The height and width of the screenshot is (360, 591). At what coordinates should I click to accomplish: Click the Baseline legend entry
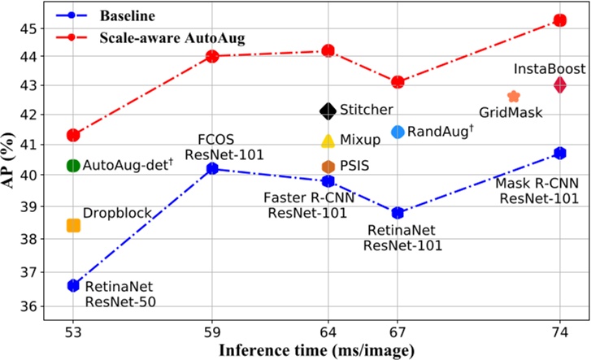point(114,15)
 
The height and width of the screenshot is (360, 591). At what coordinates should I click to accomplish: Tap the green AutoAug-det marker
point(73,166)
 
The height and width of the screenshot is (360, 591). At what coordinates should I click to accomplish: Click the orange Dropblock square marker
point(73,225)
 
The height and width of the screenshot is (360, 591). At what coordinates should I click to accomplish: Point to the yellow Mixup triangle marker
point(328,141)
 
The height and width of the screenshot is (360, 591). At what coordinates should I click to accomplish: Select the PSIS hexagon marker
point(328,166)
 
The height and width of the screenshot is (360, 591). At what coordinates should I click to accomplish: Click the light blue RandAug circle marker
point(398,132)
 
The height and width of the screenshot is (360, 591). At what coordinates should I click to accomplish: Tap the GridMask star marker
point(513,97)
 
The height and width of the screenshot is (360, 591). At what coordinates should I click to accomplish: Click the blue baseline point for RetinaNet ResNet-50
point(73,285)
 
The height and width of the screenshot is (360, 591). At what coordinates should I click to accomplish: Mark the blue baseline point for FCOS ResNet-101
point(212,168)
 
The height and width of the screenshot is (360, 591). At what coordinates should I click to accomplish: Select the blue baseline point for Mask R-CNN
point(560,153)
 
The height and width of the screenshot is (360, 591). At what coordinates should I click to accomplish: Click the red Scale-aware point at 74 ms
point(560,20)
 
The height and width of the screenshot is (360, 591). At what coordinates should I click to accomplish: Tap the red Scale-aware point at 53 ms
point(73,135)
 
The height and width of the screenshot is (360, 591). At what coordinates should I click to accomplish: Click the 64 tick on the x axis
point(328,332)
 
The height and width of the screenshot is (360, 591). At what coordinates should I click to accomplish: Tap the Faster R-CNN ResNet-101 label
point(306,205)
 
